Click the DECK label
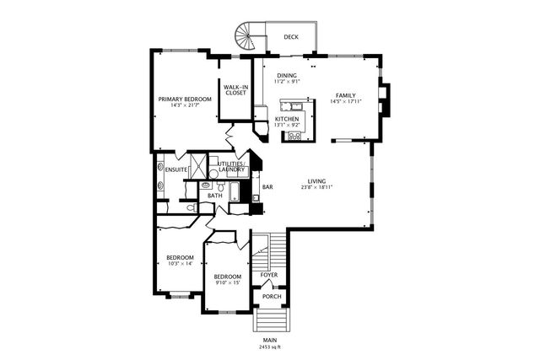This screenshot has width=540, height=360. tap(291, 37)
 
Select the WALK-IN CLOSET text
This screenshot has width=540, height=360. tap(236, 90)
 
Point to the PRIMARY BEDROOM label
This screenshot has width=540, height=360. tap(185, 99)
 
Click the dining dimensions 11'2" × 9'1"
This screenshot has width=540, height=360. tap(287, 82)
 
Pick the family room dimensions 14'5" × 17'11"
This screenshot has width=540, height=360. tap(346, 101)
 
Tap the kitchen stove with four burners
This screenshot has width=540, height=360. tap(294, 137)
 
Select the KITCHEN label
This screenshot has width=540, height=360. tap(287, 119)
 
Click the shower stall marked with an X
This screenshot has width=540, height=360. tap(199, 166)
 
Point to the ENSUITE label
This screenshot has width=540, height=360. tap(176, 169)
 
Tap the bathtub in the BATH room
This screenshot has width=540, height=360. tap(235, 191)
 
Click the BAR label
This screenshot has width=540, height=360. tap(267, 187)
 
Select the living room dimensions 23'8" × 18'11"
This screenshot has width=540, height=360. tap(317, 187)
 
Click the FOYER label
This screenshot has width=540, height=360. tap(269, 275)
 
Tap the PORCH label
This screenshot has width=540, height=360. tap(272, 296)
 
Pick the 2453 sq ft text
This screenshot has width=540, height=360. tap(270, 347)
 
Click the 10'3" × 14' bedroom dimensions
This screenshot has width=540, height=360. tap(180, 264)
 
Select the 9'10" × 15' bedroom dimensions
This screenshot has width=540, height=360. tap(228, 283)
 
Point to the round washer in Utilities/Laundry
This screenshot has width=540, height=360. tap(213, 174)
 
